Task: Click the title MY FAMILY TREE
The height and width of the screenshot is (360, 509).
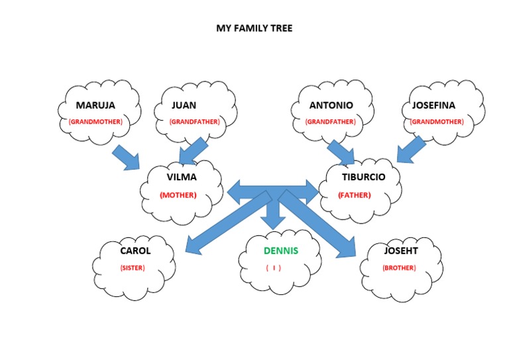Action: pyautogui.click(x=254, y=29)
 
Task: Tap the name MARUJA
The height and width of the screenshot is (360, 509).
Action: pyautogui.click(x=95, y=105)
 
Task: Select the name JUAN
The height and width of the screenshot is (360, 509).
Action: pyautogui.click(x=184, y=105)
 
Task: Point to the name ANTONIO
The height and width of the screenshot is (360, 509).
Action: pyautogui.click(x=331, y=105)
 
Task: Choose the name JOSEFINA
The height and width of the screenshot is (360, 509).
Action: pyautogui.click(x=433, y=105)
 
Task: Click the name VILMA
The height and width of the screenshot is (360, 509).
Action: pyautogui.click(x=182, y=177)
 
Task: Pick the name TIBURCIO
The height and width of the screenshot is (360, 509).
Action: pyautogui.click(x=363, y=177)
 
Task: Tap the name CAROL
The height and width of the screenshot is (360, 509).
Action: pyautogui.click(x=135, y=251)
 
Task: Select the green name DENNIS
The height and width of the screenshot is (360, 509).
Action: pyautogui.click(x=281, y=251)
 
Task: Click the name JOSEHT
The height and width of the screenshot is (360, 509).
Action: pyautogui.click(x=402, y=251)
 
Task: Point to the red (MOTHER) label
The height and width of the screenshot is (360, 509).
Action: pyautogui.click(x=178, y=195)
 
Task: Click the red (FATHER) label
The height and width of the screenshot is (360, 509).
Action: pyautogui.click(x=355, y=195)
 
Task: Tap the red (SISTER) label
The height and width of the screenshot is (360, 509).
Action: pyautogui.click(x=133, y=268)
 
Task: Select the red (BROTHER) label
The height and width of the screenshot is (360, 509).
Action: pyautogui.click(x=399, y=268)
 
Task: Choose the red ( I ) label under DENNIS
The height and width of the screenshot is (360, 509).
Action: pyautogui.click(x=274, y=268)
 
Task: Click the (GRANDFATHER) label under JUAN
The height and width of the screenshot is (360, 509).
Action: pyautogui.click(x=194, y=122)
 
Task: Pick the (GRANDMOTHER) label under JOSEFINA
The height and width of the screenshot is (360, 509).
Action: pyautogui.click(x=436, y=122)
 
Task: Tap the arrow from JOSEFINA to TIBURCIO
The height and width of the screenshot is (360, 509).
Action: pyautogui.click(x=412, y=149)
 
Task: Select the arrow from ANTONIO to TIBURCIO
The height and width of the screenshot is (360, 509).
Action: pyautogui.click(x=341, y=150)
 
